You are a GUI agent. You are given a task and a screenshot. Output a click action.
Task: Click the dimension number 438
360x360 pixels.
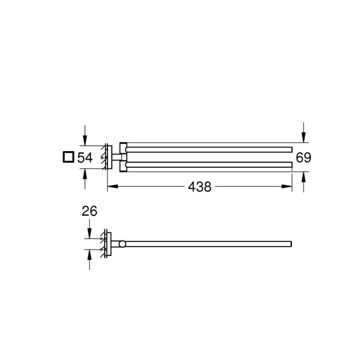pyautogui.click(x=200, y=187)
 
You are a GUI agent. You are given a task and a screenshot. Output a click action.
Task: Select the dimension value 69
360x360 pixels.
pyautogui.click(x=303, y=157)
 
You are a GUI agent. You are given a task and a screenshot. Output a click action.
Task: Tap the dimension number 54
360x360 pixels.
pyautogui.click(x=85, y=158)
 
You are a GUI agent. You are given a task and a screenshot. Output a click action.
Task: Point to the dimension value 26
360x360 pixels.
pyautogui.click(x=90, y=210)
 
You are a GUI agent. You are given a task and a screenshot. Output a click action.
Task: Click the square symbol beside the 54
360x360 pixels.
pyautogui.click(x=68, y=157)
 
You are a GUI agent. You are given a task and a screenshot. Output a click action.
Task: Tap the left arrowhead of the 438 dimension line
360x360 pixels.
pyautogui.click(x=110, y=187)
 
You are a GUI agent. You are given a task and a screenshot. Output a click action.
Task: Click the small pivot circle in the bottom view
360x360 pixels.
pyautogui.click(x=122, y=244)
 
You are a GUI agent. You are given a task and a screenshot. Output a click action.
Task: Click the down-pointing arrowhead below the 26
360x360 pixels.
pyautogui.click(x=90, y=235)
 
